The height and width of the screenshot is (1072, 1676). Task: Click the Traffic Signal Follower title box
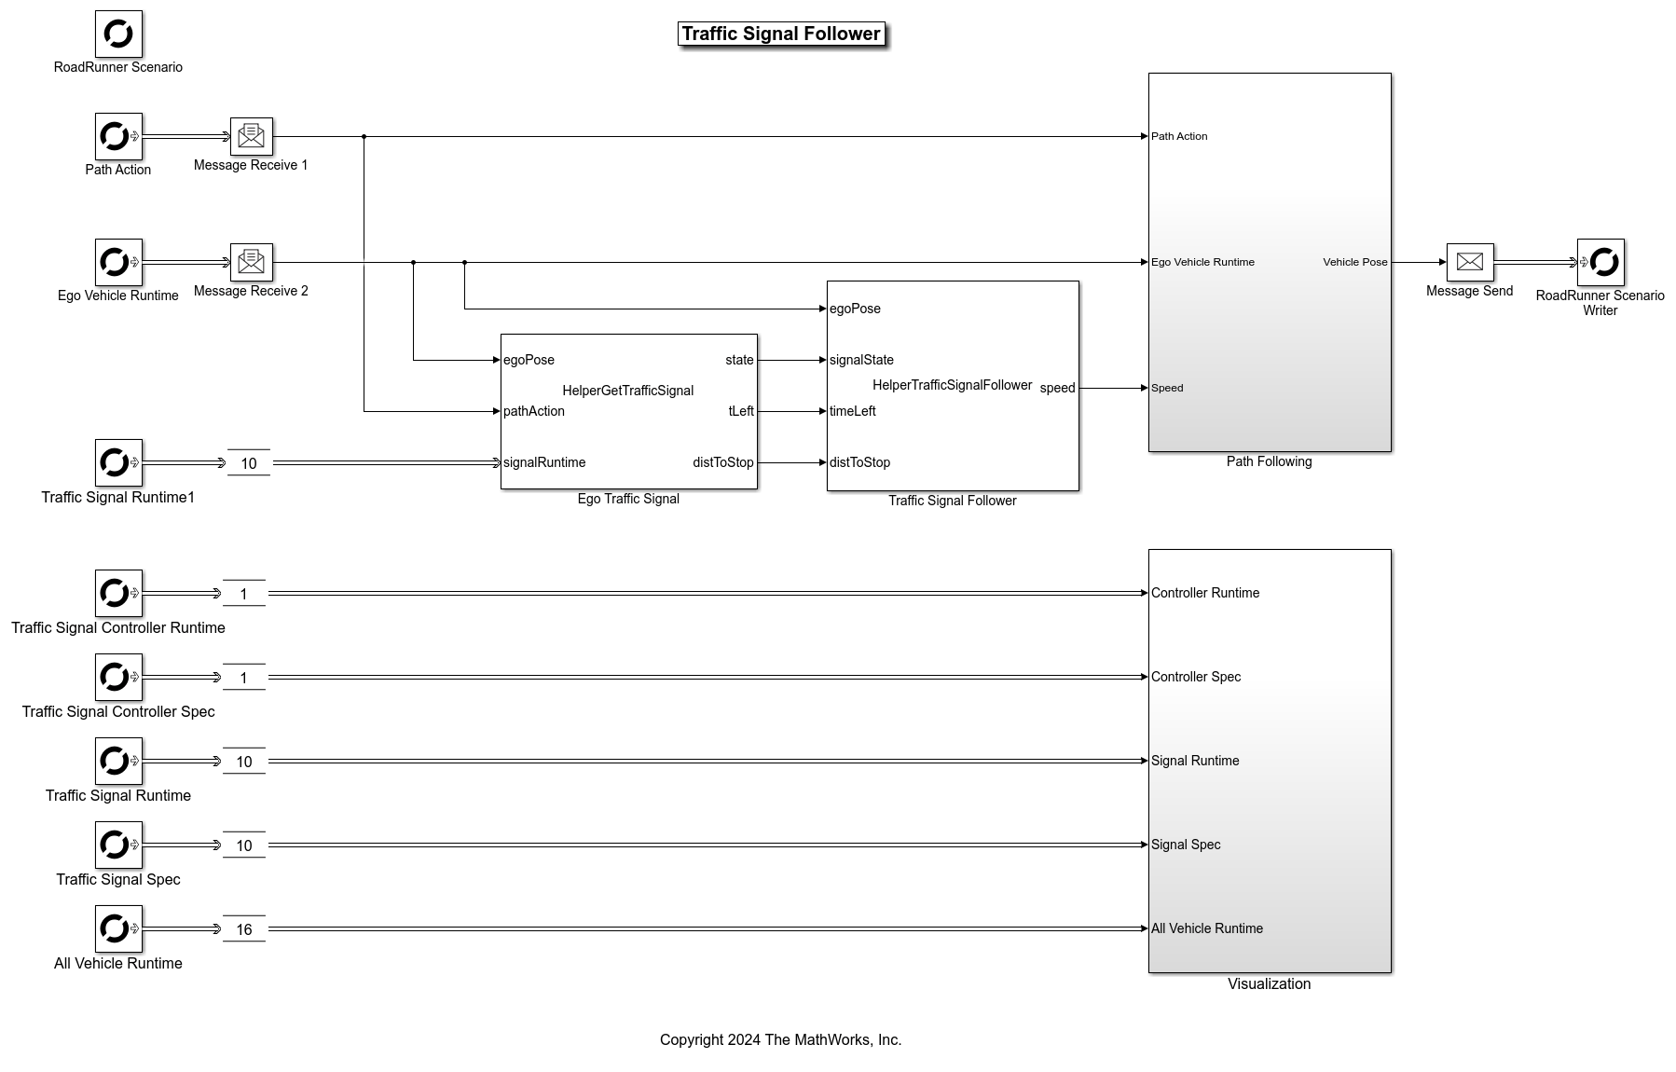[781, 34]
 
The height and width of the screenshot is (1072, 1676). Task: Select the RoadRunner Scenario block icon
[118, 34]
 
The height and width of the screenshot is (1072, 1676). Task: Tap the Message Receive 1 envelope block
[252, 136]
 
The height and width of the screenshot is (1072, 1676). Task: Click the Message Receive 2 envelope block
[252, 262]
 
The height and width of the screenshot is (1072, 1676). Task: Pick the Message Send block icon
[1469, 262]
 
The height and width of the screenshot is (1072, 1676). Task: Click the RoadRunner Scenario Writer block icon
[1600, 262]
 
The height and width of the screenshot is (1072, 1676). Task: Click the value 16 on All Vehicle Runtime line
[244, 929]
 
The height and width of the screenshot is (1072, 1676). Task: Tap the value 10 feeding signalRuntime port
[249, 463]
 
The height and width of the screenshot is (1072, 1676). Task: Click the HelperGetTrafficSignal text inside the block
[627, 391]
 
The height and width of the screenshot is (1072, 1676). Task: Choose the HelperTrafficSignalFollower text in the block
[952, 385]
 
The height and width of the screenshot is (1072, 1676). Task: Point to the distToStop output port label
[722, 462]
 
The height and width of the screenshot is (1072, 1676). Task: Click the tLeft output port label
[741, 411]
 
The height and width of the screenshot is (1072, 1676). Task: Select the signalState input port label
[861, 360]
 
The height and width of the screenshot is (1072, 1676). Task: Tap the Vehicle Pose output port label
[1354, 262]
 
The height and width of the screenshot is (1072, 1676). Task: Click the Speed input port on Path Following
[1166, 388]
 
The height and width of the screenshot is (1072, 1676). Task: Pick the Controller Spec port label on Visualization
[1196, 677]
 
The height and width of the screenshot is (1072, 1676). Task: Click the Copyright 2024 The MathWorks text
[780, 1039]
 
